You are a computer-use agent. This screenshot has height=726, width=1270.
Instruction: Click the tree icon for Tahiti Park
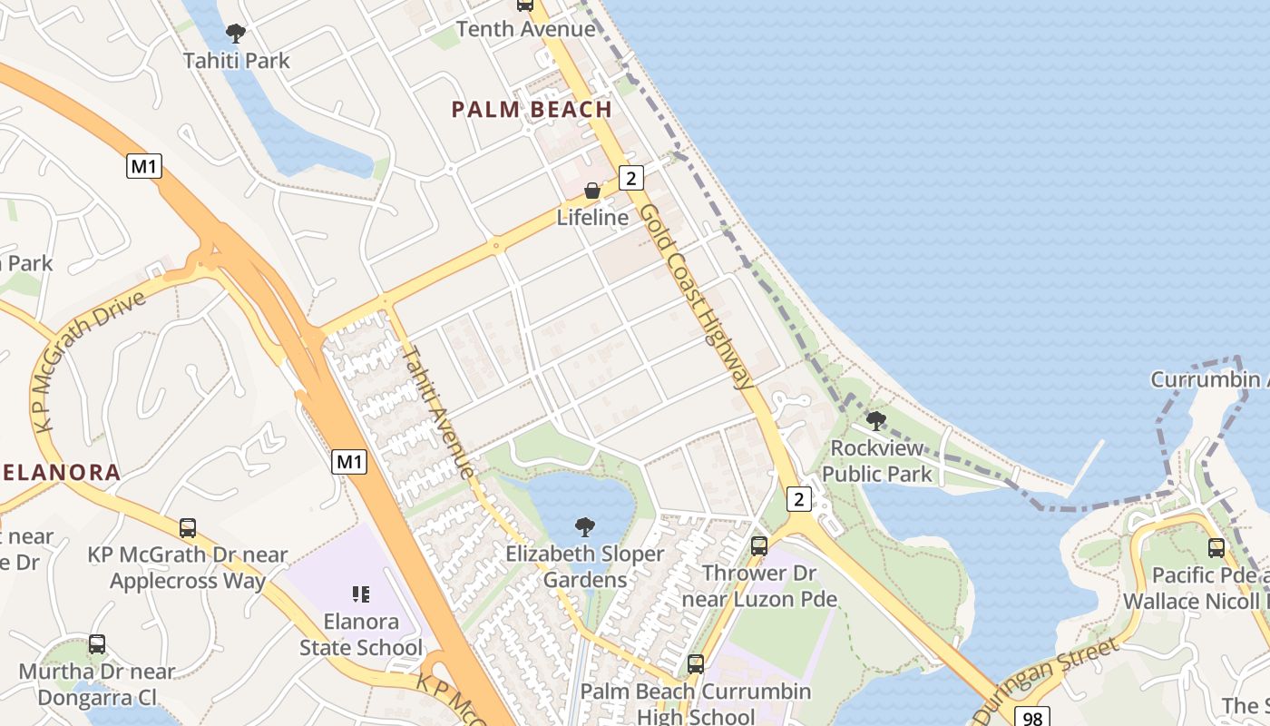[x=236, y=34]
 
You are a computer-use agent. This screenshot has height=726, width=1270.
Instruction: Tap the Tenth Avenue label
[x=525, y=29]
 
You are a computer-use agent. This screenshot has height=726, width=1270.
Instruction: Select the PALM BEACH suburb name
[x=532, y=110]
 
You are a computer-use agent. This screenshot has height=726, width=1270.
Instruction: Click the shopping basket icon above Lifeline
[x=592, y=191]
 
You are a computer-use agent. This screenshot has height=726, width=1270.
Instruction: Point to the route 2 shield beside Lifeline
[x=631, y=178]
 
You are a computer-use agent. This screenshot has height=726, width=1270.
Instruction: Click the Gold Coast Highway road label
[x=697, y=295]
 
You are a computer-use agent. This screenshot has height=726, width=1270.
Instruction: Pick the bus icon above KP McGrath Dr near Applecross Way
[x=188, y=528]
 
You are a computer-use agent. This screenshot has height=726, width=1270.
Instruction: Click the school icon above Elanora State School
[x=361, y=594]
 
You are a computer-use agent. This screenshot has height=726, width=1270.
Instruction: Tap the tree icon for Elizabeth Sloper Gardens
[x=585, y=526]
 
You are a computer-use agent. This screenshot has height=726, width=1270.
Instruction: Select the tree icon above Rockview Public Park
[x=875, y=420]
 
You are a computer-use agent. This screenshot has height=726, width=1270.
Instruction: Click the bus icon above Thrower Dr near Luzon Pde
[x=759, y=546]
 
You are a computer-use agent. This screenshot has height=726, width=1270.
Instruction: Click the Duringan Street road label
[x=1051, y=676]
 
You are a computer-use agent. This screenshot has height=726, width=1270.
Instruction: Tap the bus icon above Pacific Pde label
[x=1216, y=548]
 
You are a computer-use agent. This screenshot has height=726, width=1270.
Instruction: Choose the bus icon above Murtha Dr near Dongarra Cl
[x=97, y=644]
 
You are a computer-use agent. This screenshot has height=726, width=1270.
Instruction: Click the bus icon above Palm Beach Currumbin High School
[x=696, y=664]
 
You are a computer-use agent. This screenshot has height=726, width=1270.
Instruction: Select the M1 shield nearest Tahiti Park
[x=144, y=166]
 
